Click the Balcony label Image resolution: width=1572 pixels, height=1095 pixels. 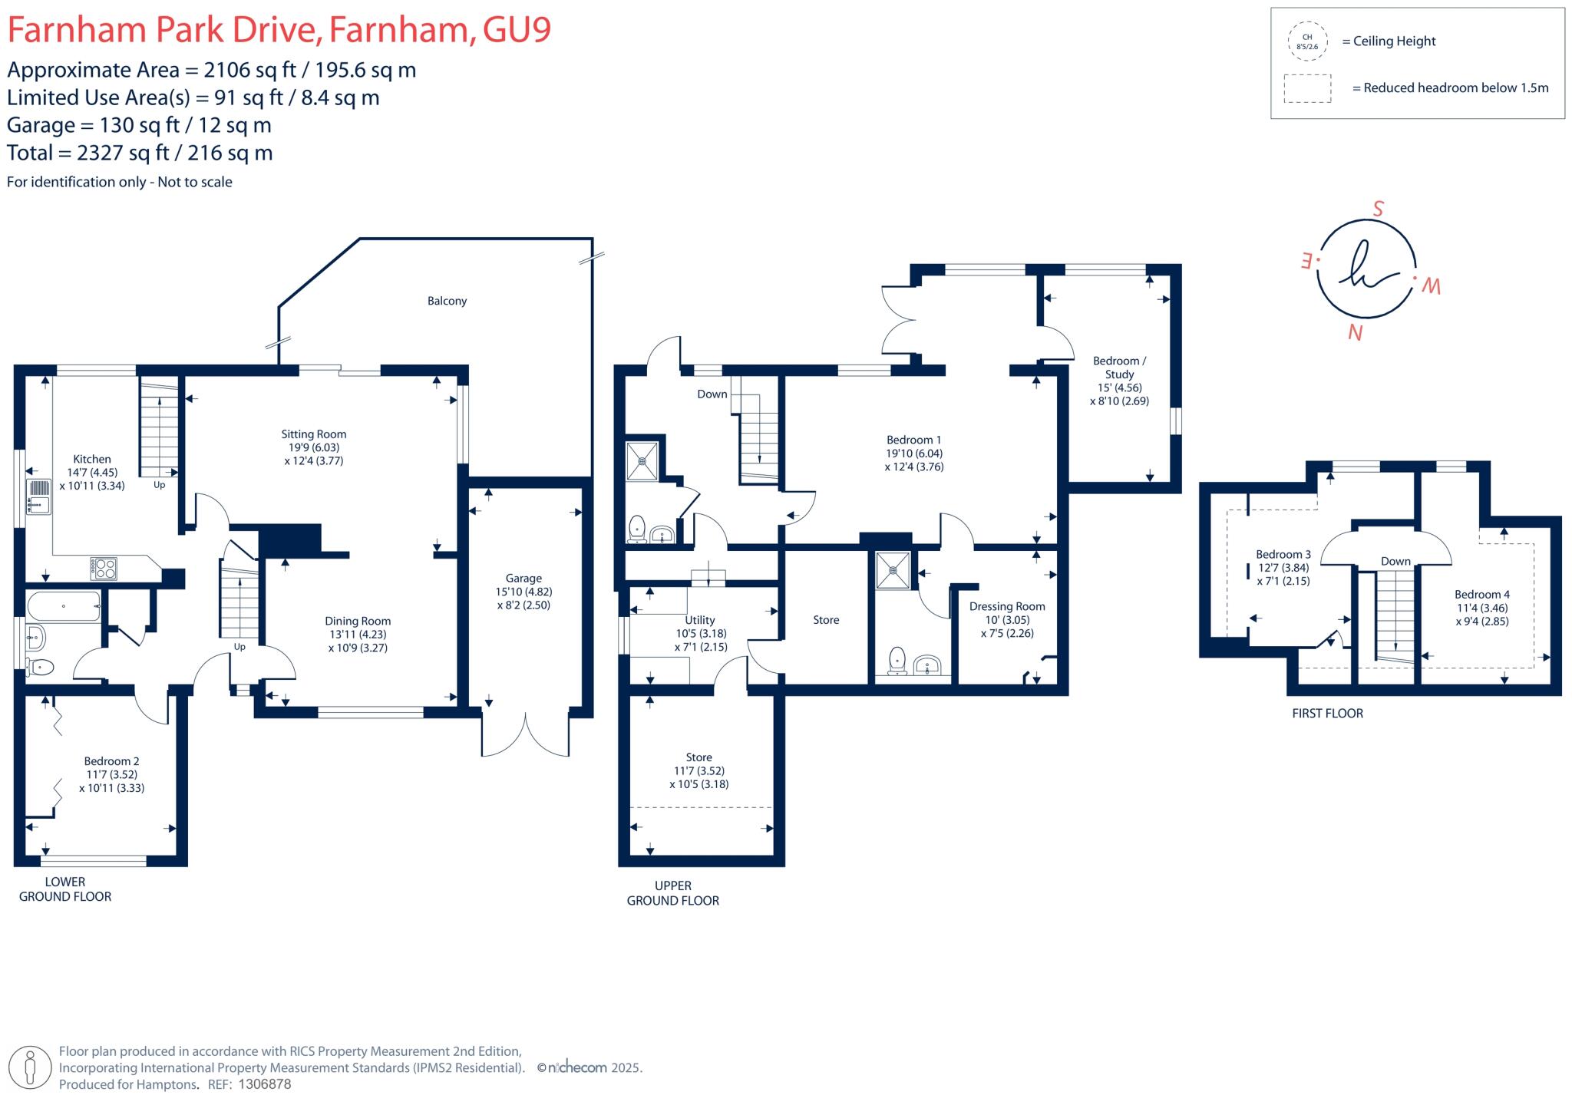(x=447, y=301)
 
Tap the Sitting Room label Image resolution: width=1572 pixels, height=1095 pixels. (x=313, y=434)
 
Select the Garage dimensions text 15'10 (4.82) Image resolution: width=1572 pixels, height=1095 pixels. (x=523, y=592)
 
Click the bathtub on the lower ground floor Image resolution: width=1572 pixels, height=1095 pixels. (x=64, y=606)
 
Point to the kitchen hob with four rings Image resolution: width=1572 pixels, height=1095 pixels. (x=104, y=568)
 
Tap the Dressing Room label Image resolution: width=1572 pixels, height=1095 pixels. (x=1007, y=606)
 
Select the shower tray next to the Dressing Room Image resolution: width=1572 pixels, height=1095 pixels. (x=893, y=570)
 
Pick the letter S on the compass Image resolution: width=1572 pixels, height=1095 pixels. (x=1378, y=209)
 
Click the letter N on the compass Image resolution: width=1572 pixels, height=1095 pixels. (x=1356, y=333)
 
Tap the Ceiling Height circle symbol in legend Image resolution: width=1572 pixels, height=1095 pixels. (x=1306, y=41)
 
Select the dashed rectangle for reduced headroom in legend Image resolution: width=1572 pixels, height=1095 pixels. (x=1307, y=88)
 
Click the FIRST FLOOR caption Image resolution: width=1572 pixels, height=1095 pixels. (x=1327, y=714)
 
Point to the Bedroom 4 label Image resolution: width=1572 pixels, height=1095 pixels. (x=1481, y=595)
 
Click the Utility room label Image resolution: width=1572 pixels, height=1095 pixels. (x=699, y=620)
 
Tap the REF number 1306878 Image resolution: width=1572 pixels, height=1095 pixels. (x=265, y=1084)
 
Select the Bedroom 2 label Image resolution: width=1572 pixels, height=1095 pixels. (x=111, y=761)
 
